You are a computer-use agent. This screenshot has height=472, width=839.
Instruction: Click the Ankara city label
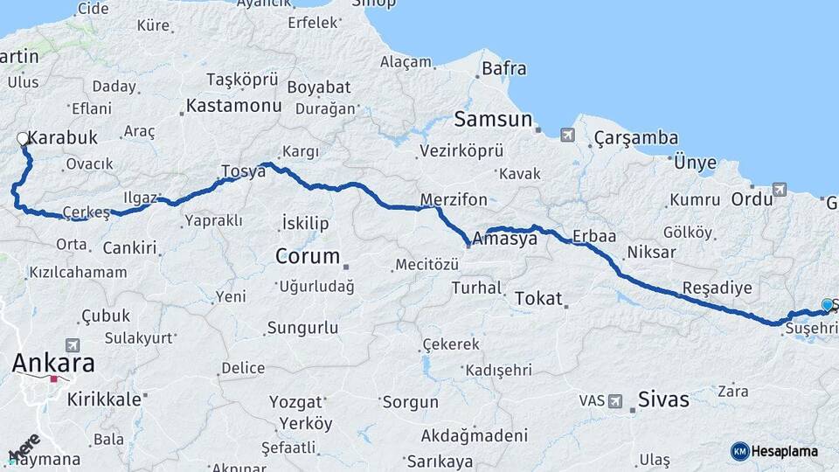pos(53,364)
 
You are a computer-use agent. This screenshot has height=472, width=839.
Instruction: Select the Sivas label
pos(664,400)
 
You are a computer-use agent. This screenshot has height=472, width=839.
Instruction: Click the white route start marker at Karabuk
pos(23,139)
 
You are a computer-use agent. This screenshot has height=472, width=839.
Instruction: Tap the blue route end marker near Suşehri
pos(827,305)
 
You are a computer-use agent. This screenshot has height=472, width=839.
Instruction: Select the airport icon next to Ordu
pos(779,189)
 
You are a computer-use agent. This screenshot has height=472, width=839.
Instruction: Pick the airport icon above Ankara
pos(72,346)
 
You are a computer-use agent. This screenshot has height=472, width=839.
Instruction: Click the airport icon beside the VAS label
pos(615,401)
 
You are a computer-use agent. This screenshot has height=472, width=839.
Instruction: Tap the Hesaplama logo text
pos(785,451)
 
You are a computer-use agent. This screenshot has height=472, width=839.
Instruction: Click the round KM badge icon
pos(739,451)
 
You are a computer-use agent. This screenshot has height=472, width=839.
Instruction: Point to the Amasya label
pos(504,238)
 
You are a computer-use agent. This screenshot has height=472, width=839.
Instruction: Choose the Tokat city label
pos(538,298)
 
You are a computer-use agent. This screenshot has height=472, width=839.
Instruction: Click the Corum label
pos(307,256)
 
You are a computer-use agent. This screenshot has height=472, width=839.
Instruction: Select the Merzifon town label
pos(452,199)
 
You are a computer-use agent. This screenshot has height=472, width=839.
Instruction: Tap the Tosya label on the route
pos(243,170)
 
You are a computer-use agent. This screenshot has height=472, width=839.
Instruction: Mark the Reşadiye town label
pos(717,288)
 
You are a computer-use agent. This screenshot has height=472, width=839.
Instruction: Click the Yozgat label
pos(302,403)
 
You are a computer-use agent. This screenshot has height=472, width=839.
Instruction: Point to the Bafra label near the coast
pos(507,66)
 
